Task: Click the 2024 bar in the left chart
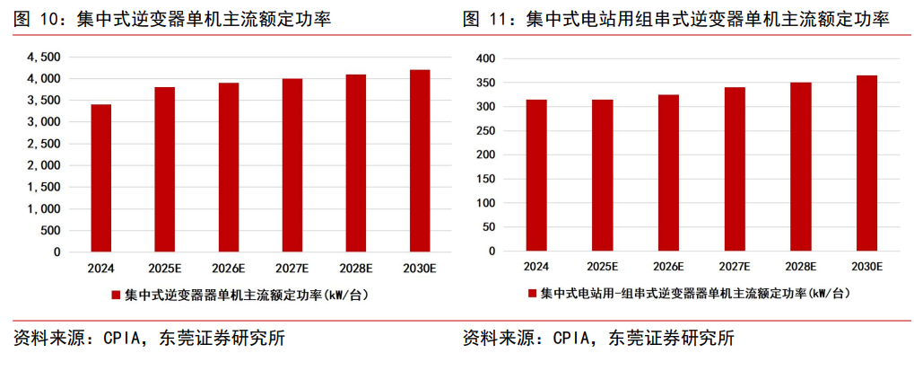(100, 178)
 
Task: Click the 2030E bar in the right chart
(866, 163)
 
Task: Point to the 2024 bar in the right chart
(536, 175)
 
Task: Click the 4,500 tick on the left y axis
(43, 57)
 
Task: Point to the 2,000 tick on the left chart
(43, 165)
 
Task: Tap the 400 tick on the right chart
(485, 58)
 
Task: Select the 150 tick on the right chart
(485, 179)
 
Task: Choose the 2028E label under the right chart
(800, 267)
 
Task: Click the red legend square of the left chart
(116, 295)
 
